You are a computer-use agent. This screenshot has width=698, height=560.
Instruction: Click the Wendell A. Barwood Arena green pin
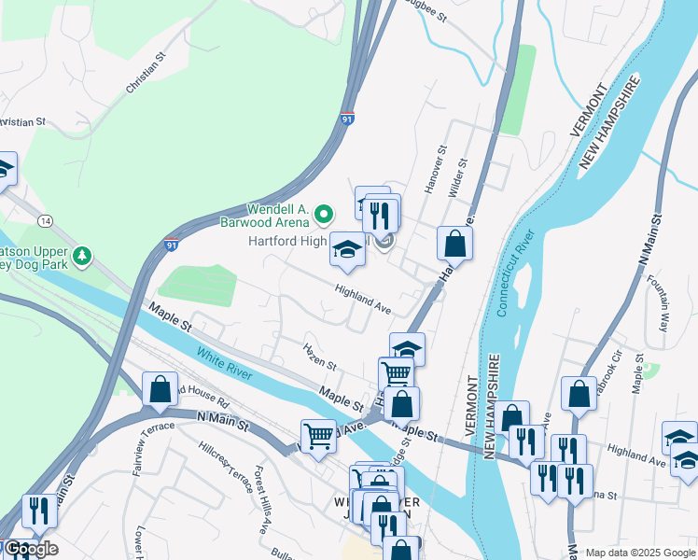click(324, 216)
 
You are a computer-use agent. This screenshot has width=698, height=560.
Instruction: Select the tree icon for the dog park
click(83, 255)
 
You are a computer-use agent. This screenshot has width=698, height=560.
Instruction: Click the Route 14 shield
click(45, 219)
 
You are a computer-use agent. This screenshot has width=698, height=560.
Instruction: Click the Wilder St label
click(456, 177)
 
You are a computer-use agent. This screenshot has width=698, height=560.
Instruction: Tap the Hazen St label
click(319, 355)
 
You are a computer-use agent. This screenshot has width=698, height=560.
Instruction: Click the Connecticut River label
click(515, 273)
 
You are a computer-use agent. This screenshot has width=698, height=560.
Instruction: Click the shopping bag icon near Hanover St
click(454, 244)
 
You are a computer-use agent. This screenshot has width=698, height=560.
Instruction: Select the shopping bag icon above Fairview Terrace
click(160, 389)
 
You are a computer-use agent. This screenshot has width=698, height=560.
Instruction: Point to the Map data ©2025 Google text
click(639, 553)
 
